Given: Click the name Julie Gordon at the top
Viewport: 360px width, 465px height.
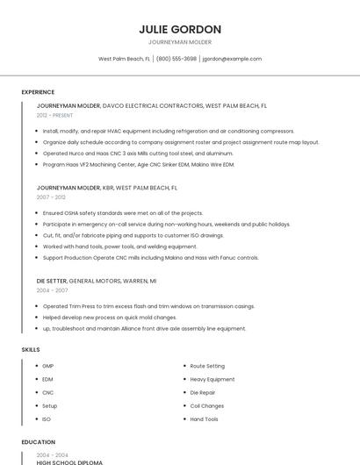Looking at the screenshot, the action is click(180, 29).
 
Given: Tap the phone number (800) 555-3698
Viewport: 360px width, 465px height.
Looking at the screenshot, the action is click(176, 59).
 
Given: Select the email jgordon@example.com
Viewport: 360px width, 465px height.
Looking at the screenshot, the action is click(232, 59).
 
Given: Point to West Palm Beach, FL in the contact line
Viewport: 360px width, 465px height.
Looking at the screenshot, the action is click(124, 59).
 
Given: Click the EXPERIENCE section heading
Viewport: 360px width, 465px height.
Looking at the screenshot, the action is click(38, 92).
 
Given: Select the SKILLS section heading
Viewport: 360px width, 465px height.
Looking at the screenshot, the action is click(31, 350).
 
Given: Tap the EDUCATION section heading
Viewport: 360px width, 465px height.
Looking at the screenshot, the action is click(38, 442).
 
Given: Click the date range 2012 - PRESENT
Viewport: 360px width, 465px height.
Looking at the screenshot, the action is click(54, 115).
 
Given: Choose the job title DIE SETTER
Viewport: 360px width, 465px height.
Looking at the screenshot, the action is click(52, 281).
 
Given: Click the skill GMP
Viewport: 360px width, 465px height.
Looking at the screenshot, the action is click(48, 366).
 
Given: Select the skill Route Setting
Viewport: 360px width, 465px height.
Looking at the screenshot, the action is click(207, 366).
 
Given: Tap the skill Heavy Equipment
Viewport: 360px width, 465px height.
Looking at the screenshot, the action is click(212, 379).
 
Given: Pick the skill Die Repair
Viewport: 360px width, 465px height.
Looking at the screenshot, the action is click(203, 392).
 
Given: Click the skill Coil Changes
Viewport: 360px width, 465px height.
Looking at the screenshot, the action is click(207, 406).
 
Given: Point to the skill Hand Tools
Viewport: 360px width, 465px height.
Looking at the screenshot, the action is click(205, 419).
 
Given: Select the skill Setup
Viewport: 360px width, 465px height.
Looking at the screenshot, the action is click(49, 406).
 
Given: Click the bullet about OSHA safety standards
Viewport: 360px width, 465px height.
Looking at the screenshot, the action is click(123, 213).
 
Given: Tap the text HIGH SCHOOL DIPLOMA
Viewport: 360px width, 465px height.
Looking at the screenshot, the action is click(69, 462).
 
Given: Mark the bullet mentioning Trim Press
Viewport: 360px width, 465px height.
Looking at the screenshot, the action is click(148, 306).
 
